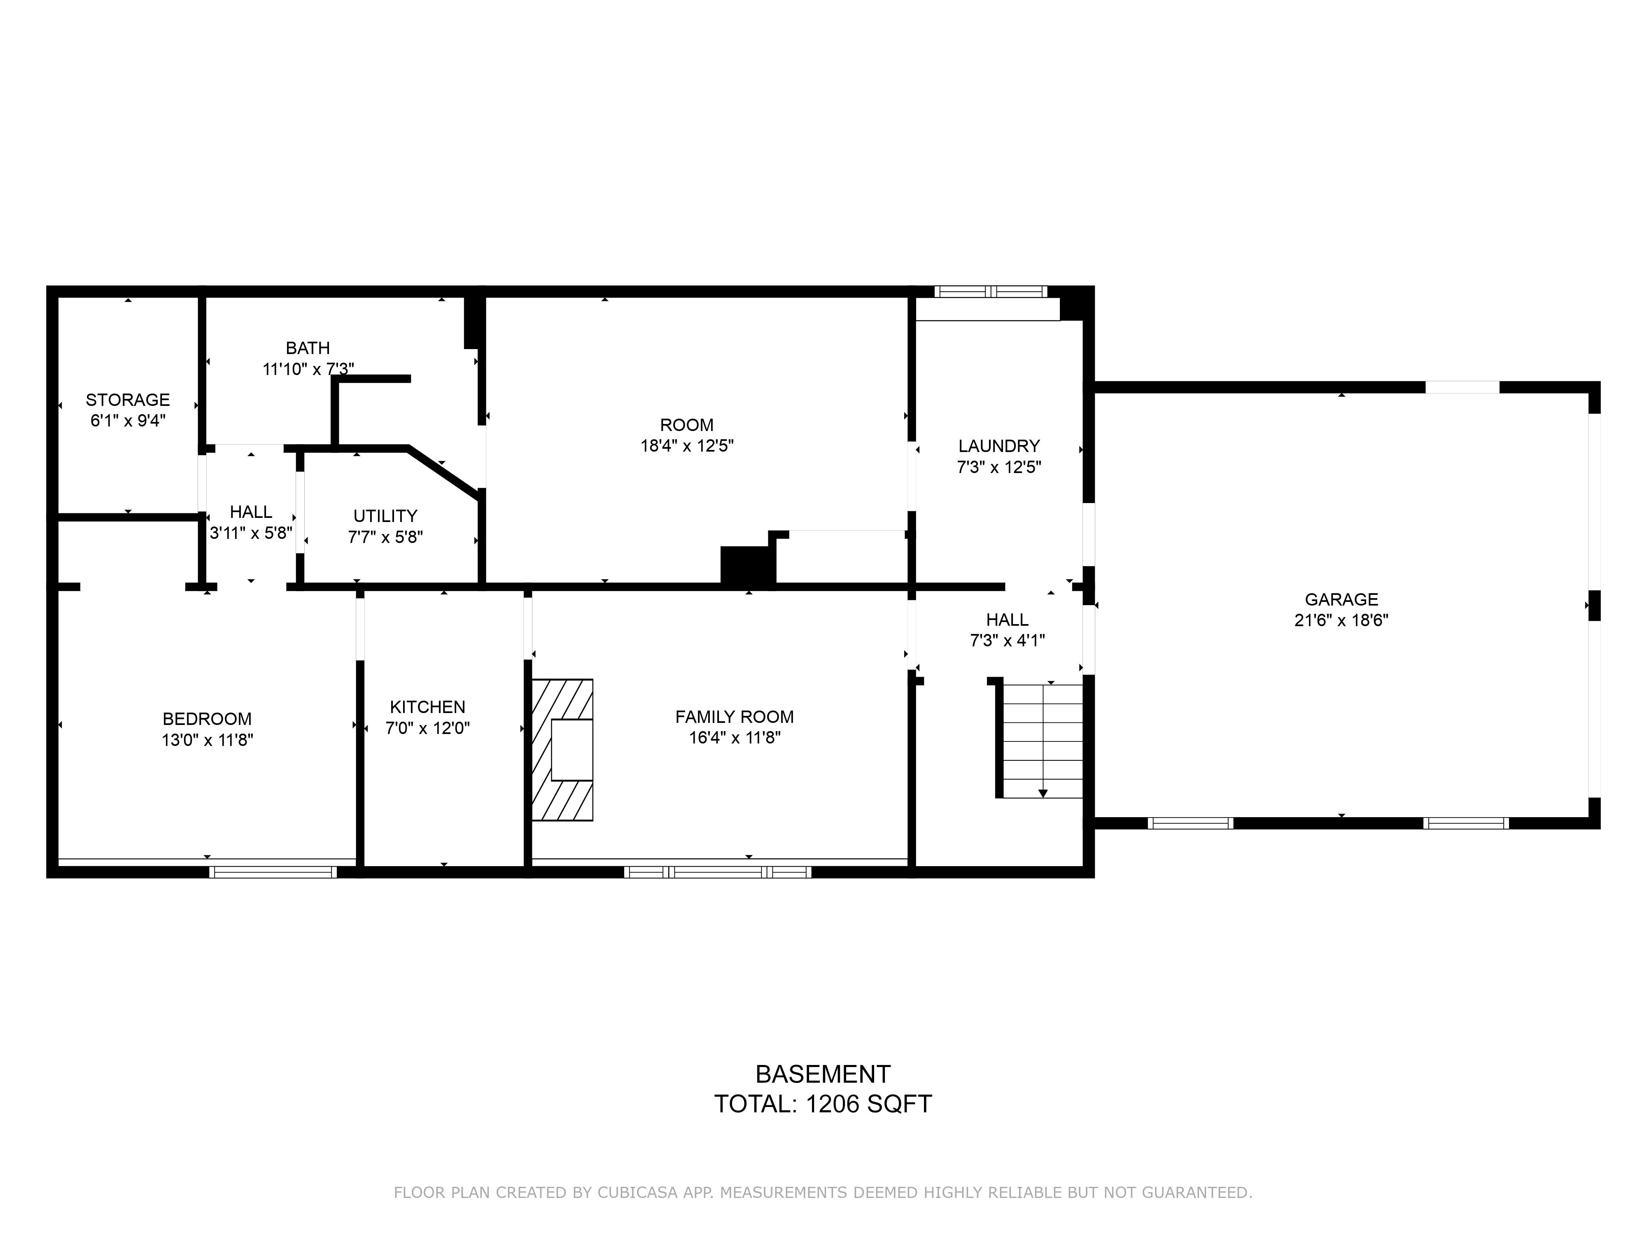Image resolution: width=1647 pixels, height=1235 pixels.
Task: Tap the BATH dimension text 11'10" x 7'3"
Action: tap(308, 368)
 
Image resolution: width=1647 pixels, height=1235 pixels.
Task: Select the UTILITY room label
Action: tap(385, 516)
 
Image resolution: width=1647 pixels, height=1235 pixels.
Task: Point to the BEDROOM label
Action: tap(207, 719)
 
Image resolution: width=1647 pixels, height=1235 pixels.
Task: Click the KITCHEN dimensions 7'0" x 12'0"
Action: tap(427, 728)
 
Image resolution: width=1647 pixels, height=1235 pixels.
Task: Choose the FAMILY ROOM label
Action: tap(734, 717)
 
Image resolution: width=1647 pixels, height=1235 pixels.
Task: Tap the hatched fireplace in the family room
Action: tap(562, 750)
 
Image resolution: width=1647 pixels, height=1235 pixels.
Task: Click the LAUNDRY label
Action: tap(998, 446)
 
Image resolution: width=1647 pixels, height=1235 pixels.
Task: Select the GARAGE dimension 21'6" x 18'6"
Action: tap(1341, 620)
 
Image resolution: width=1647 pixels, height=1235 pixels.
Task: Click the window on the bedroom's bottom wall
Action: tap(273, 872)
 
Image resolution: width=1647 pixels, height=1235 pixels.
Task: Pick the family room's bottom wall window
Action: tap(718, 872)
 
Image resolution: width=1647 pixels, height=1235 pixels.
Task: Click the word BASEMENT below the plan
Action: tap(823, 1074)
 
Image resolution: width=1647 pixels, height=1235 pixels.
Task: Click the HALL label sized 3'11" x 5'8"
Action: tap(251, 512)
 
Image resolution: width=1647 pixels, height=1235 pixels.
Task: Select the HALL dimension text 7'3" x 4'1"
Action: tap(1008, 640)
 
